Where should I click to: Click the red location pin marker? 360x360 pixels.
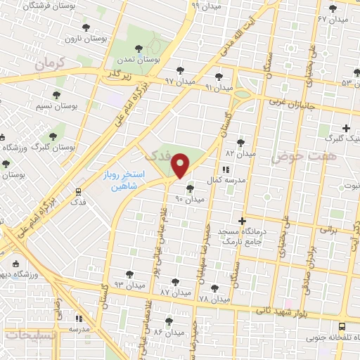tap(181, 166)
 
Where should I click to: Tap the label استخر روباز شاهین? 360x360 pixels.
tap(120, 181)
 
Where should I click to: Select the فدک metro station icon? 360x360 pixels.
tap(77, 191)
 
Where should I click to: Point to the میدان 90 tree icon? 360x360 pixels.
tap(189, 188)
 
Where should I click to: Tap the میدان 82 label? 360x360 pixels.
tap(239, 153)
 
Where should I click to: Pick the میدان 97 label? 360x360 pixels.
tap(179, 82)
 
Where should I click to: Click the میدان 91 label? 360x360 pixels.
tap(219, 87)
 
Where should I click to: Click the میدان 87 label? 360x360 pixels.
tap(175, 291)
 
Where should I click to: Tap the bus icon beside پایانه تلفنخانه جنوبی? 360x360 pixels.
tap(341, 326)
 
